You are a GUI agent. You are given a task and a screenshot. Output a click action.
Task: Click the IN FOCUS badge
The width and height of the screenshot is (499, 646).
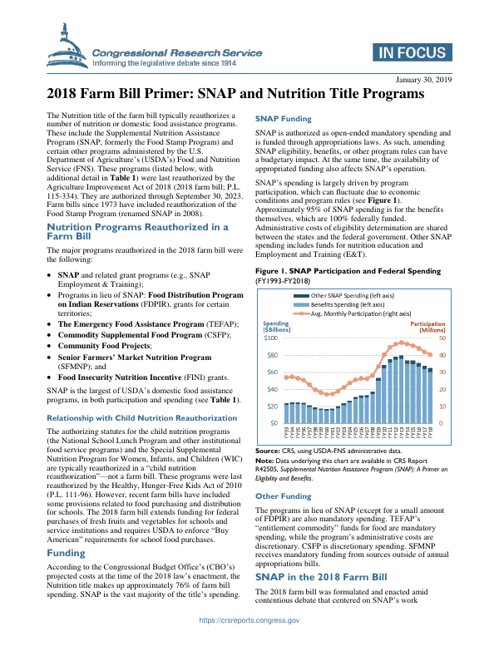tap(413, 53)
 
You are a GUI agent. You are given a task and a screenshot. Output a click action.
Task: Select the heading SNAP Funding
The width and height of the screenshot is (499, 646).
tap(284, 119)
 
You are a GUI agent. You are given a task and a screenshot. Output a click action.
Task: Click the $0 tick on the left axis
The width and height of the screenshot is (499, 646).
tap(273, 423)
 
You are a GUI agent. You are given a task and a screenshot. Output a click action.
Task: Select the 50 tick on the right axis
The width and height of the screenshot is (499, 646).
tap(442, 338)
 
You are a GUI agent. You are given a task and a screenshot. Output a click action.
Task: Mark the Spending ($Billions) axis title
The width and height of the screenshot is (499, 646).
tap(276, 326)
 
